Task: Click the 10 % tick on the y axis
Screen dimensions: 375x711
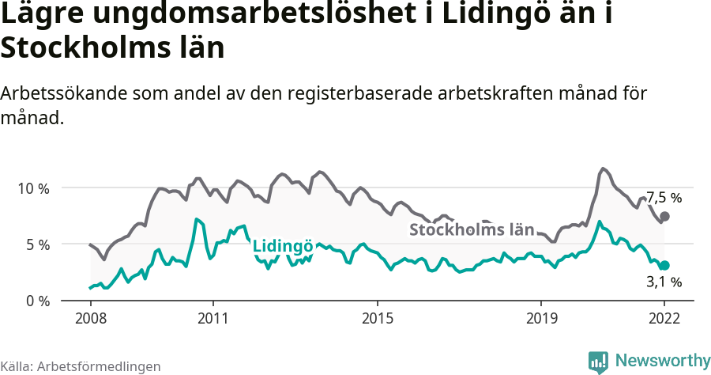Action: point(33,188)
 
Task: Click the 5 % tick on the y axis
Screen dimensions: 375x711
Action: point(36,244)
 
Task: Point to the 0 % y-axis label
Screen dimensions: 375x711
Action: point(36,301)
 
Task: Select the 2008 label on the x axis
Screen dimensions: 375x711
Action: point(90,318)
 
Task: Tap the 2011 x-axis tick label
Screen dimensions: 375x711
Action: point(213,318)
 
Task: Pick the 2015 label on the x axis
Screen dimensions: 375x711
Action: point(378,318)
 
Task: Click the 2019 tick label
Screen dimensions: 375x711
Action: point(541,318)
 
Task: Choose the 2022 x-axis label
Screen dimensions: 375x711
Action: point(664,318)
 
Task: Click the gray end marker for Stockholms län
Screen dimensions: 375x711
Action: point(664,216)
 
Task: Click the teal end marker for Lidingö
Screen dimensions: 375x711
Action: point(664,266)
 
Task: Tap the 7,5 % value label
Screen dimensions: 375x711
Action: point(664,198)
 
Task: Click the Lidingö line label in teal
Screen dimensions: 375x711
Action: point(283,246)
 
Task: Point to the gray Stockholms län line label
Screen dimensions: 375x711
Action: point(472,229)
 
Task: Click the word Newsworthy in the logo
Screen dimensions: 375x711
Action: point(662,361)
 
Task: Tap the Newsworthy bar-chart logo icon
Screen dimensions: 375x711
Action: point(598,362)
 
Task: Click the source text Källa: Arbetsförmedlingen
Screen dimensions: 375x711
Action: point(81,366)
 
